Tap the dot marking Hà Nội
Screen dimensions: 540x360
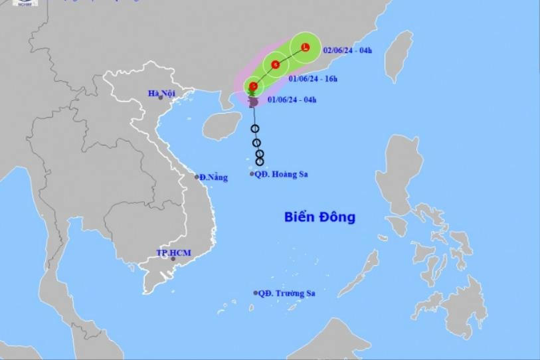point(161,98)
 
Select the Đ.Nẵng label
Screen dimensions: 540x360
point(214,177)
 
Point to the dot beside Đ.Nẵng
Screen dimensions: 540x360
point(197,177)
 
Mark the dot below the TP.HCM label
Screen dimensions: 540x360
point(173,258)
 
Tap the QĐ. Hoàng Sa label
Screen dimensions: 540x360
point(283,175)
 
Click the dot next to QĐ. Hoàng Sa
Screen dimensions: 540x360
point(252,174)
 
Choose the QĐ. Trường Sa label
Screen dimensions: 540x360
point(287,294)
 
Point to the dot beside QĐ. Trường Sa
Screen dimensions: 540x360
point(256,293)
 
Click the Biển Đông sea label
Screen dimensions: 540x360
point(319,217)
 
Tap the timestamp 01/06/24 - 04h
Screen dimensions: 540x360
point(292,100)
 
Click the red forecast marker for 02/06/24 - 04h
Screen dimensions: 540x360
point(306,47)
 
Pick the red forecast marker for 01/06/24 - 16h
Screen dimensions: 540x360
point(275,64)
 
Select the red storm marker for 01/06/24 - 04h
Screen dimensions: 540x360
point(253,86)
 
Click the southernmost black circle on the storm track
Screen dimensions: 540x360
point(260,161)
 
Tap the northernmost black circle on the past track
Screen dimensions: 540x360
point(255,129)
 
